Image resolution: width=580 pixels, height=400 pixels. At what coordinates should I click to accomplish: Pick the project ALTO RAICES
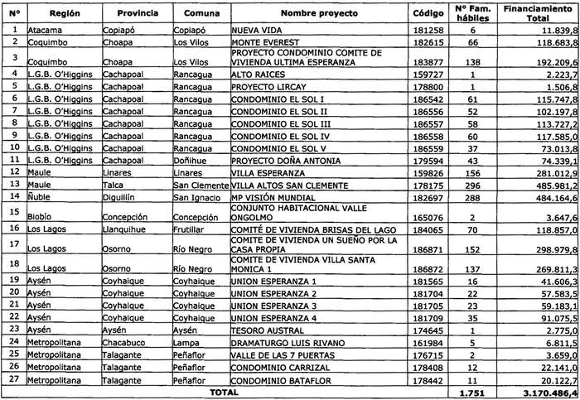click(256, 75)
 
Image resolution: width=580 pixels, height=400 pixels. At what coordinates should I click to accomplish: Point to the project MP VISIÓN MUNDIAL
click(271, 197)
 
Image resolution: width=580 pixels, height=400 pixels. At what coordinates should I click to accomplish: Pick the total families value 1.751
click(471, 393)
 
